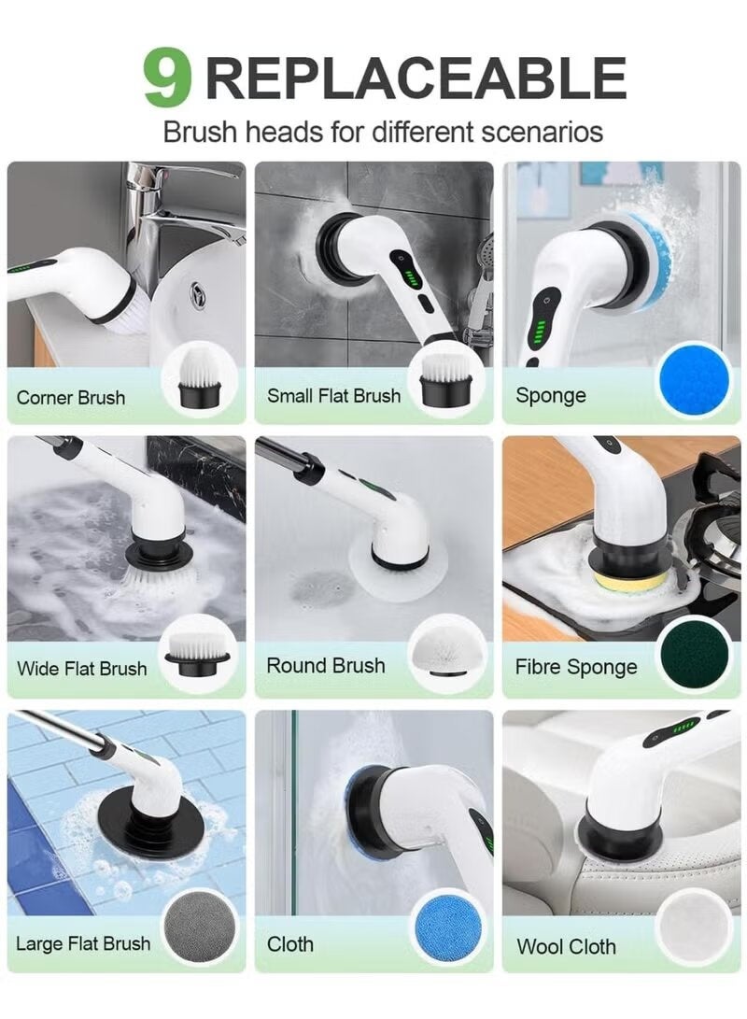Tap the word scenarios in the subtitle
[x=533, y=131]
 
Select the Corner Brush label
[x=71, y=397]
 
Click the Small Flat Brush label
[x=333, y=395]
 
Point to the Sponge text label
[x=551, y=395]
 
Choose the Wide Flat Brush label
[x=81, y=669]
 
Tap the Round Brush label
[x=326, y=666]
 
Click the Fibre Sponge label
[x=576, y=668]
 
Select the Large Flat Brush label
[x=83, y=943]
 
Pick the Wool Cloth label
[x=566, y=946]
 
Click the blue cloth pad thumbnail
[x=447, y=927]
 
